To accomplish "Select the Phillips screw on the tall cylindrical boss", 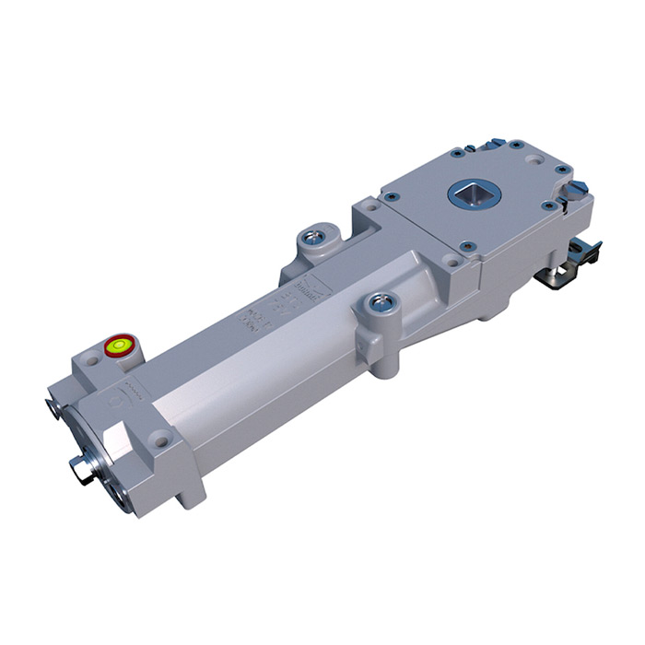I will [379, 302].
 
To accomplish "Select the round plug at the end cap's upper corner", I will [50, 405].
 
